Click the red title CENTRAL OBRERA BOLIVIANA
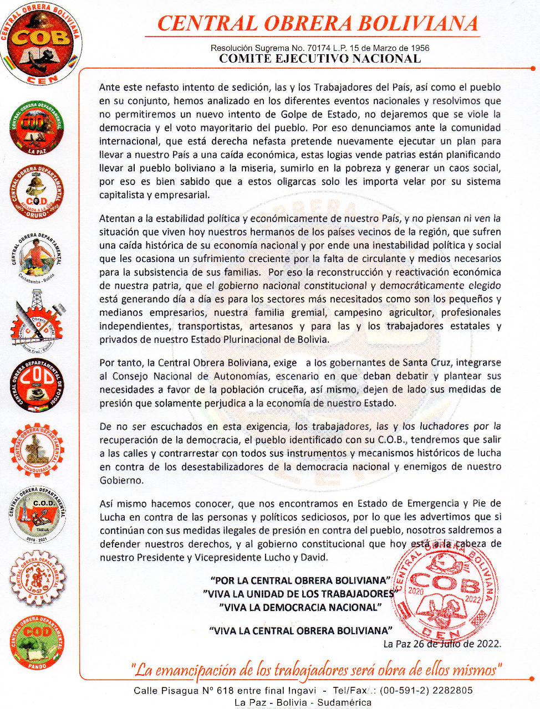coord(317,24)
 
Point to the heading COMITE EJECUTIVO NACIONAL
coord(320,59)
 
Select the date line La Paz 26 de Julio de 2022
coord(442,644)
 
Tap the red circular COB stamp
coord(444,591)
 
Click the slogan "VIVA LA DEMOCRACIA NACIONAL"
coord(300,607)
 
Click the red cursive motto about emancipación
coord(317,670)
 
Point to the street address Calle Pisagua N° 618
coord(180,690)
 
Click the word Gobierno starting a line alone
coord(121,480)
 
